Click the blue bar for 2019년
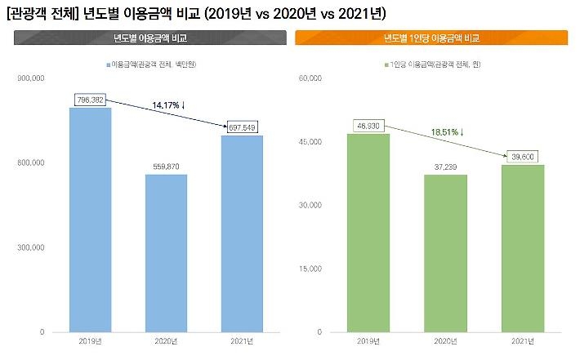pyautogui.click(x=90, y=220)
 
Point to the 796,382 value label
pyautogui.click(x=89, y=100)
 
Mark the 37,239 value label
pyautogui.click(x=445, y=167)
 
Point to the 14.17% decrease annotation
pyautogui.click(x=169, y=105)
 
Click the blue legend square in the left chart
pyautogui.click(x=107, y=64)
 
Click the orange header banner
pyautogui.click(x=431, y=38)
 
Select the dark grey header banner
pyautogui.click(x=150, y=38)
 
